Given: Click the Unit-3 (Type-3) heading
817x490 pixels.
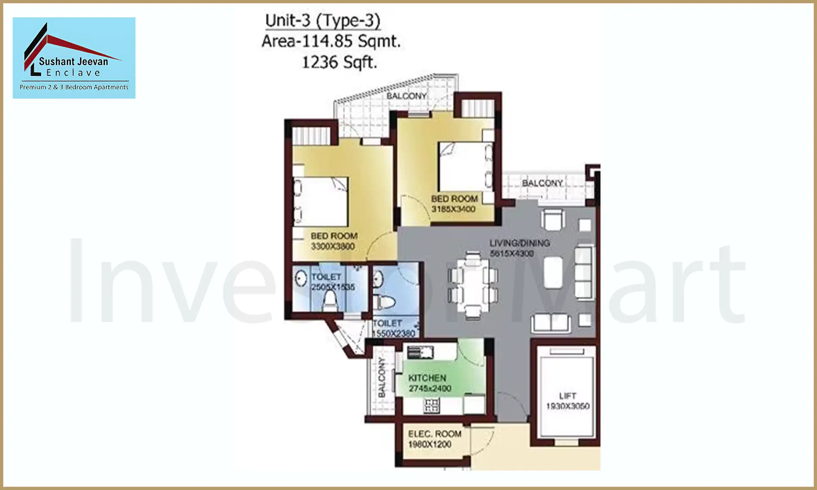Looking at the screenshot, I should click(x=322, y=21).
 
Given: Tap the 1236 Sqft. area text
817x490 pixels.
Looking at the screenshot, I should click(x=339, y=62).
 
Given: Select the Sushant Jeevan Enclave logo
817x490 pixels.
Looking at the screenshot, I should click(x=74, y=58).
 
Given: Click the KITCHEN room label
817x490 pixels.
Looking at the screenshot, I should click(x=427, y=378).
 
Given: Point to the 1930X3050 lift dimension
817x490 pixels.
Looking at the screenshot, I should click(x=567, y=406).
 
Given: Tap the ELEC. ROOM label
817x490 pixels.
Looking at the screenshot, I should click(x=435, y=434).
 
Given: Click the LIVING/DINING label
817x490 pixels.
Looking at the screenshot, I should click(x=519, y=243).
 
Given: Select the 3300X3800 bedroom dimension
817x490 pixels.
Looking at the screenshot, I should click(x=333, y=246).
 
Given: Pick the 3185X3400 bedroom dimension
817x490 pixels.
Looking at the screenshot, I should click(x=453, y=209).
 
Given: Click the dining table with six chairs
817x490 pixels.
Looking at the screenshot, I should click(x=473, y=285).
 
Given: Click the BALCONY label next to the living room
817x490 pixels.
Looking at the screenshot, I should click(x=542, y=183).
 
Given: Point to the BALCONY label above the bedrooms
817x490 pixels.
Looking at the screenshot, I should click(x=406, y=96).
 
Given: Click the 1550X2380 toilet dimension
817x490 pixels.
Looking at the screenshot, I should click(x=394, y=333).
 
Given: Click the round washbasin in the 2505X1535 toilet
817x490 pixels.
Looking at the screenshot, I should click(x=301, y=278).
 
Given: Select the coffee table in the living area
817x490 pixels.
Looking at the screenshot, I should click(x=553, y=272).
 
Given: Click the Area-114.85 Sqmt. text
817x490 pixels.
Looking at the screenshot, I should click(x=331, y=42).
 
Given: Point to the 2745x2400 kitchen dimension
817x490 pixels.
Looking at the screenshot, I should click(x=430, y=389).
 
